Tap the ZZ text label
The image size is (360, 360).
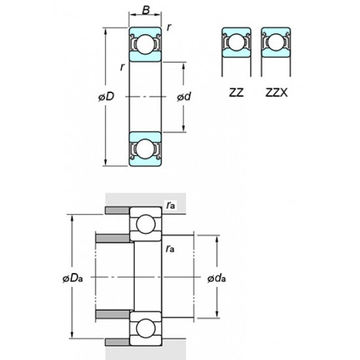click(236, 92)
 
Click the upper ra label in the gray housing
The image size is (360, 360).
click(171, 206)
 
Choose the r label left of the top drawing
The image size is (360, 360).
click(122, 68)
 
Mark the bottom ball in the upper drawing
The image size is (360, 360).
click(145, 149)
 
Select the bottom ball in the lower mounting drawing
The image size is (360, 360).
click(146, 329)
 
